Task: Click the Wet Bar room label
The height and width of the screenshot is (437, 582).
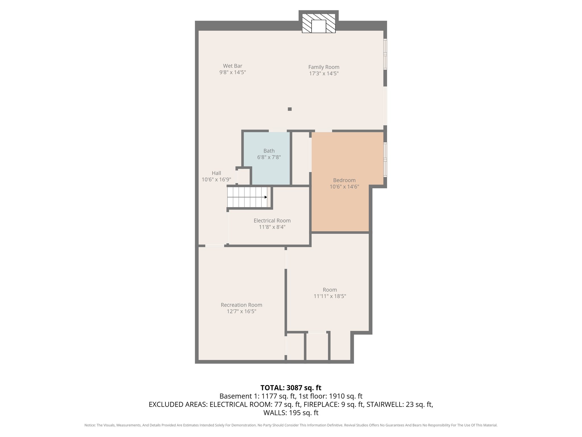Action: [x=232, y=66]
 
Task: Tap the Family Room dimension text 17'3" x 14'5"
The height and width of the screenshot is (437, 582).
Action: [x=324, y=73]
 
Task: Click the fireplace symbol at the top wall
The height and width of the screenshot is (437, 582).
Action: [x=319, y=23]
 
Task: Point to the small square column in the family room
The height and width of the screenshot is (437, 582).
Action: [x=290, y=109]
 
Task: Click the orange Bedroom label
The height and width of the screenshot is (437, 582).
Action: [x=344, y=180]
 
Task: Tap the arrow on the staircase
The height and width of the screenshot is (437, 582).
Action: [x=265, y=197]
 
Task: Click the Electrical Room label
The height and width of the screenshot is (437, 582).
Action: [x=272, y=221]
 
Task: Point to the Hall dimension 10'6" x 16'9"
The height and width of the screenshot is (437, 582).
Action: [x=216, y=180]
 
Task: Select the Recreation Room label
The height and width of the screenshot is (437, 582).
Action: [x=241, y=305]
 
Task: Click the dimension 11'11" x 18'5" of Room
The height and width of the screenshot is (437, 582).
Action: [x=330, y=296]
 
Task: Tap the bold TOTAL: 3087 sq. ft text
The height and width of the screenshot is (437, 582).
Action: [x=291, y=388]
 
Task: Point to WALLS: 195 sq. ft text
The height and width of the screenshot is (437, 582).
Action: [x=291, y=413]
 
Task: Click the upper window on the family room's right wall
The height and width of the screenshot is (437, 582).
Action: [x=385, y=54]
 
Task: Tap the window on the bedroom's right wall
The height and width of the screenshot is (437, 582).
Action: [x=385, y=160]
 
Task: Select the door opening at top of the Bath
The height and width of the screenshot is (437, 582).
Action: [x=278, y=131]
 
